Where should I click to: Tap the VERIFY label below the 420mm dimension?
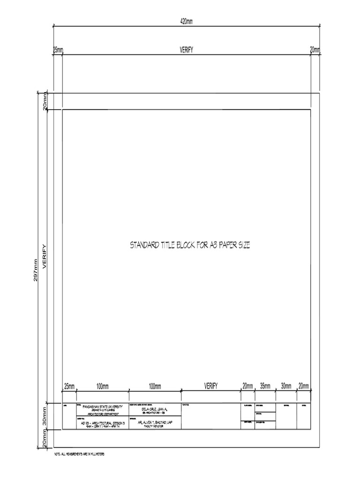(x=187, y=50)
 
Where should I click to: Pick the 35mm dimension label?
(x=265, y=386)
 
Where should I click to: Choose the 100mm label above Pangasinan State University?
(x=103, y=386)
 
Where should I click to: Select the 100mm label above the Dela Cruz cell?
(x=155, y=386)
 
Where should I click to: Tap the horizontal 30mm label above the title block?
(x=286, y=386)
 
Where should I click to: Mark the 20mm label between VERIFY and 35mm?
(x=247, y=386)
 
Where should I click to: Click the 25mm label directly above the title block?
(x=69, y=386)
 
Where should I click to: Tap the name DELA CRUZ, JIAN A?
(x=154, y=409)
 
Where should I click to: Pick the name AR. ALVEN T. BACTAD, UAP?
(x=154, y=422)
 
